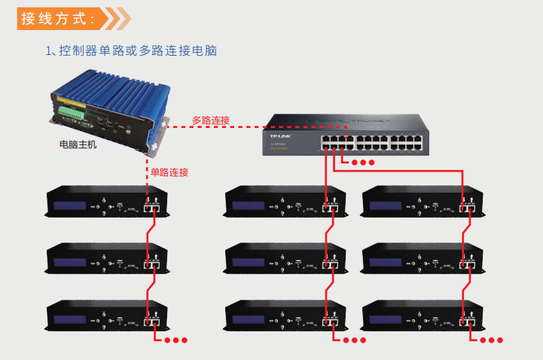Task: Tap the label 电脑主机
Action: (77, 144)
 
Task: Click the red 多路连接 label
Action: (210, 121)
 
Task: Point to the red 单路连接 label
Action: (169, 172)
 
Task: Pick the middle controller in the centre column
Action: (285, 261)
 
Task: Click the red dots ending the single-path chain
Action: (176, 340)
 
